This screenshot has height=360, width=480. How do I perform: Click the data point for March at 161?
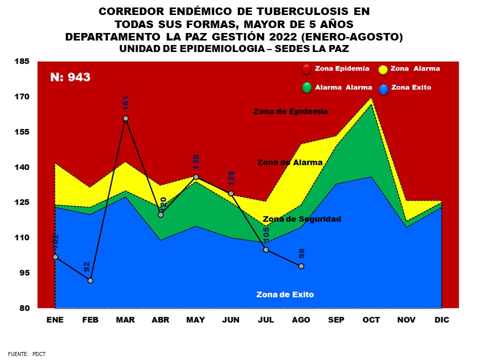(125, 118)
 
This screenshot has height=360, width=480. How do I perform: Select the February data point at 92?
(90, 280)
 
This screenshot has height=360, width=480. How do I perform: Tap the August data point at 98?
(301, 266)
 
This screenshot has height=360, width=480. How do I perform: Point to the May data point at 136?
(196, 177)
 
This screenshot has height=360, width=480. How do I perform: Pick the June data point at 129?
(231, 193)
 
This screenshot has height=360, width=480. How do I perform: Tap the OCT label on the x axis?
(371, 320)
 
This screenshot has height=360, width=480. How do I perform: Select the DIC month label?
(442, 320)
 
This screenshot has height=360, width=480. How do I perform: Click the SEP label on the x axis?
(336, 320)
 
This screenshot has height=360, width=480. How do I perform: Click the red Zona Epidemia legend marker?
(306, 69)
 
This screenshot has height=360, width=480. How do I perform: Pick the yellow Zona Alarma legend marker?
(383, 69)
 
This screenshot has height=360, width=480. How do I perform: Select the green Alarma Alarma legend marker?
(306, 88)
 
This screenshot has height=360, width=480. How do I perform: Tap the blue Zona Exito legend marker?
(383, 88)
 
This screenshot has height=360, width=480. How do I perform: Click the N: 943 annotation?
(70, 77)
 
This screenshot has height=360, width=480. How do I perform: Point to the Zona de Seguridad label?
(302, 219)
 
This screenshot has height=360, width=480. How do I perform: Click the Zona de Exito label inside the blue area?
(285, 294)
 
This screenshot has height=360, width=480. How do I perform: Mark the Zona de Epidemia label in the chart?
(290, 111)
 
